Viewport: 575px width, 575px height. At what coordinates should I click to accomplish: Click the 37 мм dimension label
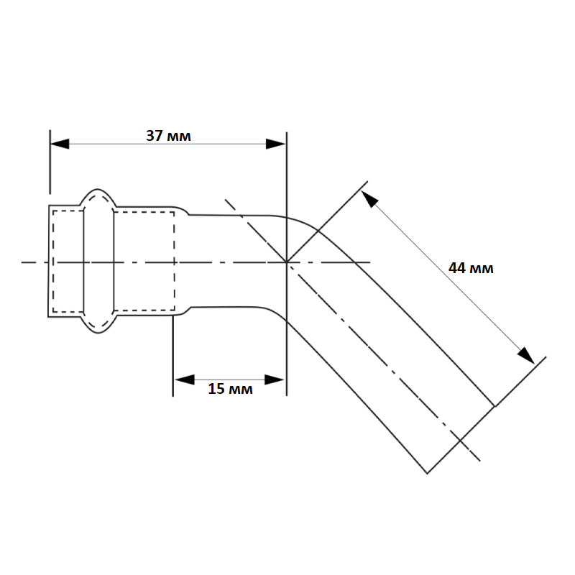pyautogui.click(x=168, y=136)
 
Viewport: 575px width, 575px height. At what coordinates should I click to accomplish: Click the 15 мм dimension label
pyautogui.click(x=230, y=389)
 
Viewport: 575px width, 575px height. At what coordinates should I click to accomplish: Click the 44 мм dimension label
pyautogui.click(x=471, y=268)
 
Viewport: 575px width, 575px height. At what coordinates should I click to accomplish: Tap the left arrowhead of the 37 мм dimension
pyautogui.click(x=60, y=144)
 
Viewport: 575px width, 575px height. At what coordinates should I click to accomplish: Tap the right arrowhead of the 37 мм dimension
pyautogui.click(x=276, y=144)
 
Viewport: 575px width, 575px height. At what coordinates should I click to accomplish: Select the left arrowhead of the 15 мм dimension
pyautogui.click(x=185, y=379)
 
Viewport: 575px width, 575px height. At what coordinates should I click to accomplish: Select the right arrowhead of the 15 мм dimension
pyautogui.click(x=275, y=379)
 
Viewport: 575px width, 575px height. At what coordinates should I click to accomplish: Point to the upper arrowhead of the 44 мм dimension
pyautogui.click(x=369, y=199)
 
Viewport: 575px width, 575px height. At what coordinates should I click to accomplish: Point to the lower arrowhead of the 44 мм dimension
pyautogui.click(x=526, y=355)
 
